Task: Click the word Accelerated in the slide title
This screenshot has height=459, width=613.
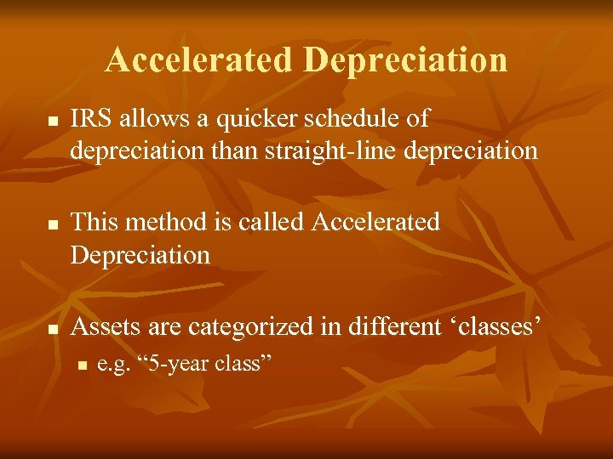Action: click(x=199, y=59)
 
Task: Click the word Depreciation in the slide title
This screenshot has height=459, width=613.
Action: click(x=404, y=59)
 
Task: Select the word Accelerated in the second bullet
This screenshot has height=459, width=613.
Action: click(x=376, y=222)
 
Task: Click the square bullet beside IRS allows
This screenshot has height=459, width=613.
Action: click(x=52, y=122)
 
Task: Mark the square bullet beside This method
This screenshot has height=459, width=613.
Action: click(x=52, y=226)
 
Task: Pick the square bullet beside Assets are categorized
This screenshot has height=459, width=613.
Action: click(x=52, y=330)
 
